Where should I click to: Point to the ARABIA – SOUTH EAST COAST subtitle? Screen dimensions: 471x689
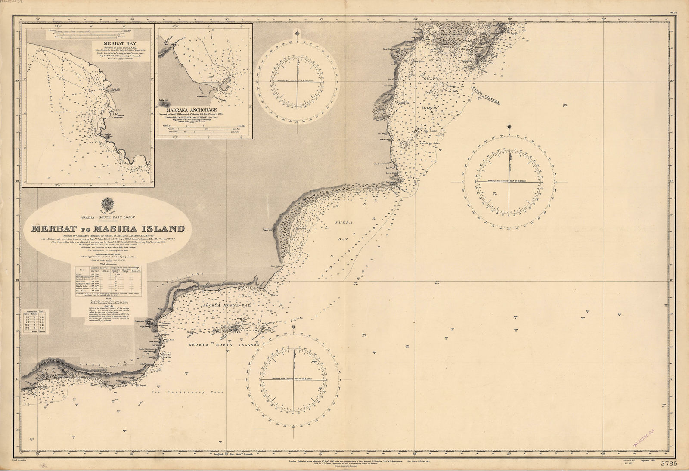[107, 217]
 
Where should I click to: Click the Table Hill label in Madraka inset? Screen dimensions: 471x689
[165, 98]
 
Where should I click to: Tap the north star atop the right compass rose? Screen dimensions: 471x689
[510, 127]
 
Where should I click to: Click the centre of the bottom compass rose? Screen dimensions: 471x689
[294, 379]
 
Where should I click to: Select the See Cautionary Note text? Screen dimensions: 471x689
[176, 393]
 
